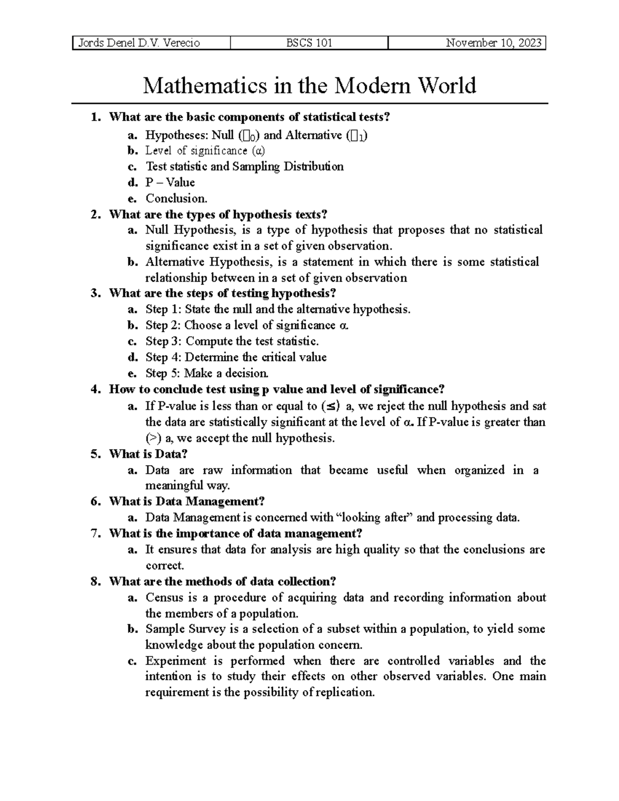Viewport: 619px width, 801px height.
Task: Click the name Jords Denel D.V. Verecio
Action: pos(138,43)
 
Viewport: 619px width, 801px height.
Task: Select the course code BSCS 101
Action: pos(309,43)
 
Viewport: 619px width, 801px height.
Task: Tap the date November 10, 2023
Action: pos(494,43)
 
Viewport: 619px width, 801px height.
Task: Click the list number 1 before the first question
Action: pos(93,117)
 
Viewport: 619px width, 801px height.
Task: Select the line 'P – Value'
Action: pos(170,183)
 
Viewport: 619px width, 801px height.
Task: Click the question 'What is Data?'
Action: pos(148,454)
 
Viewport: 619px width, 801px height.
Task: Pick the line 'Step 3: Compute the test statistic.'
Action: pos(232,341)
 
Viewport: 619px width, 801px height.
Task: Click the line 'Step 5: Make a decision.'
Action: pos(207,373)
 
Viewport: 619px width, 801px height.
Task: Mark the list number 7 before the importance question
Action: pos(93,534)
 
